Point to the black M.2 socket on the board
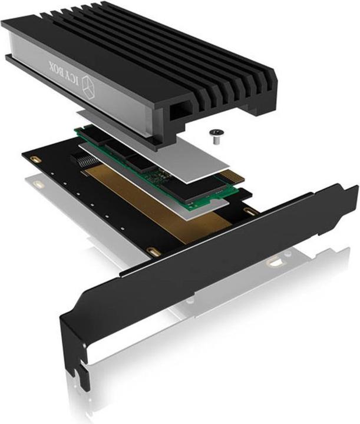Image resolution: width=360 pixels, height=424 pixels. [x=82, y=159]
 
